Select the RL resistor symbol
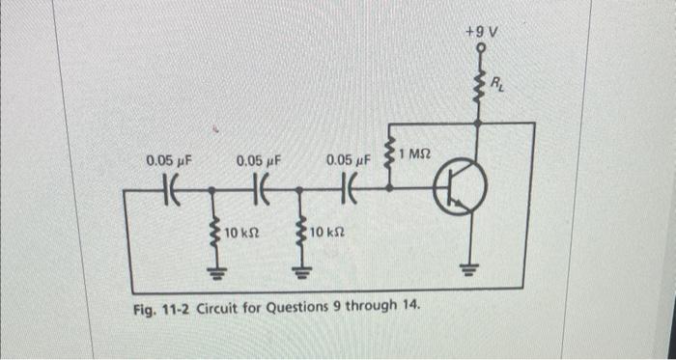click(x=477, y=86)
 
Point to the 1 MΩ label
click(x=417, y=152)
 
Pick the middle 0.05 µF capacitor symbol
click(x=260, y=187)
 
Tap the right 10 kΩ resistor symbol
click(x=302, y=232)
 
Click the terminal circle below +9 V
click(x=477, y=47)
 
